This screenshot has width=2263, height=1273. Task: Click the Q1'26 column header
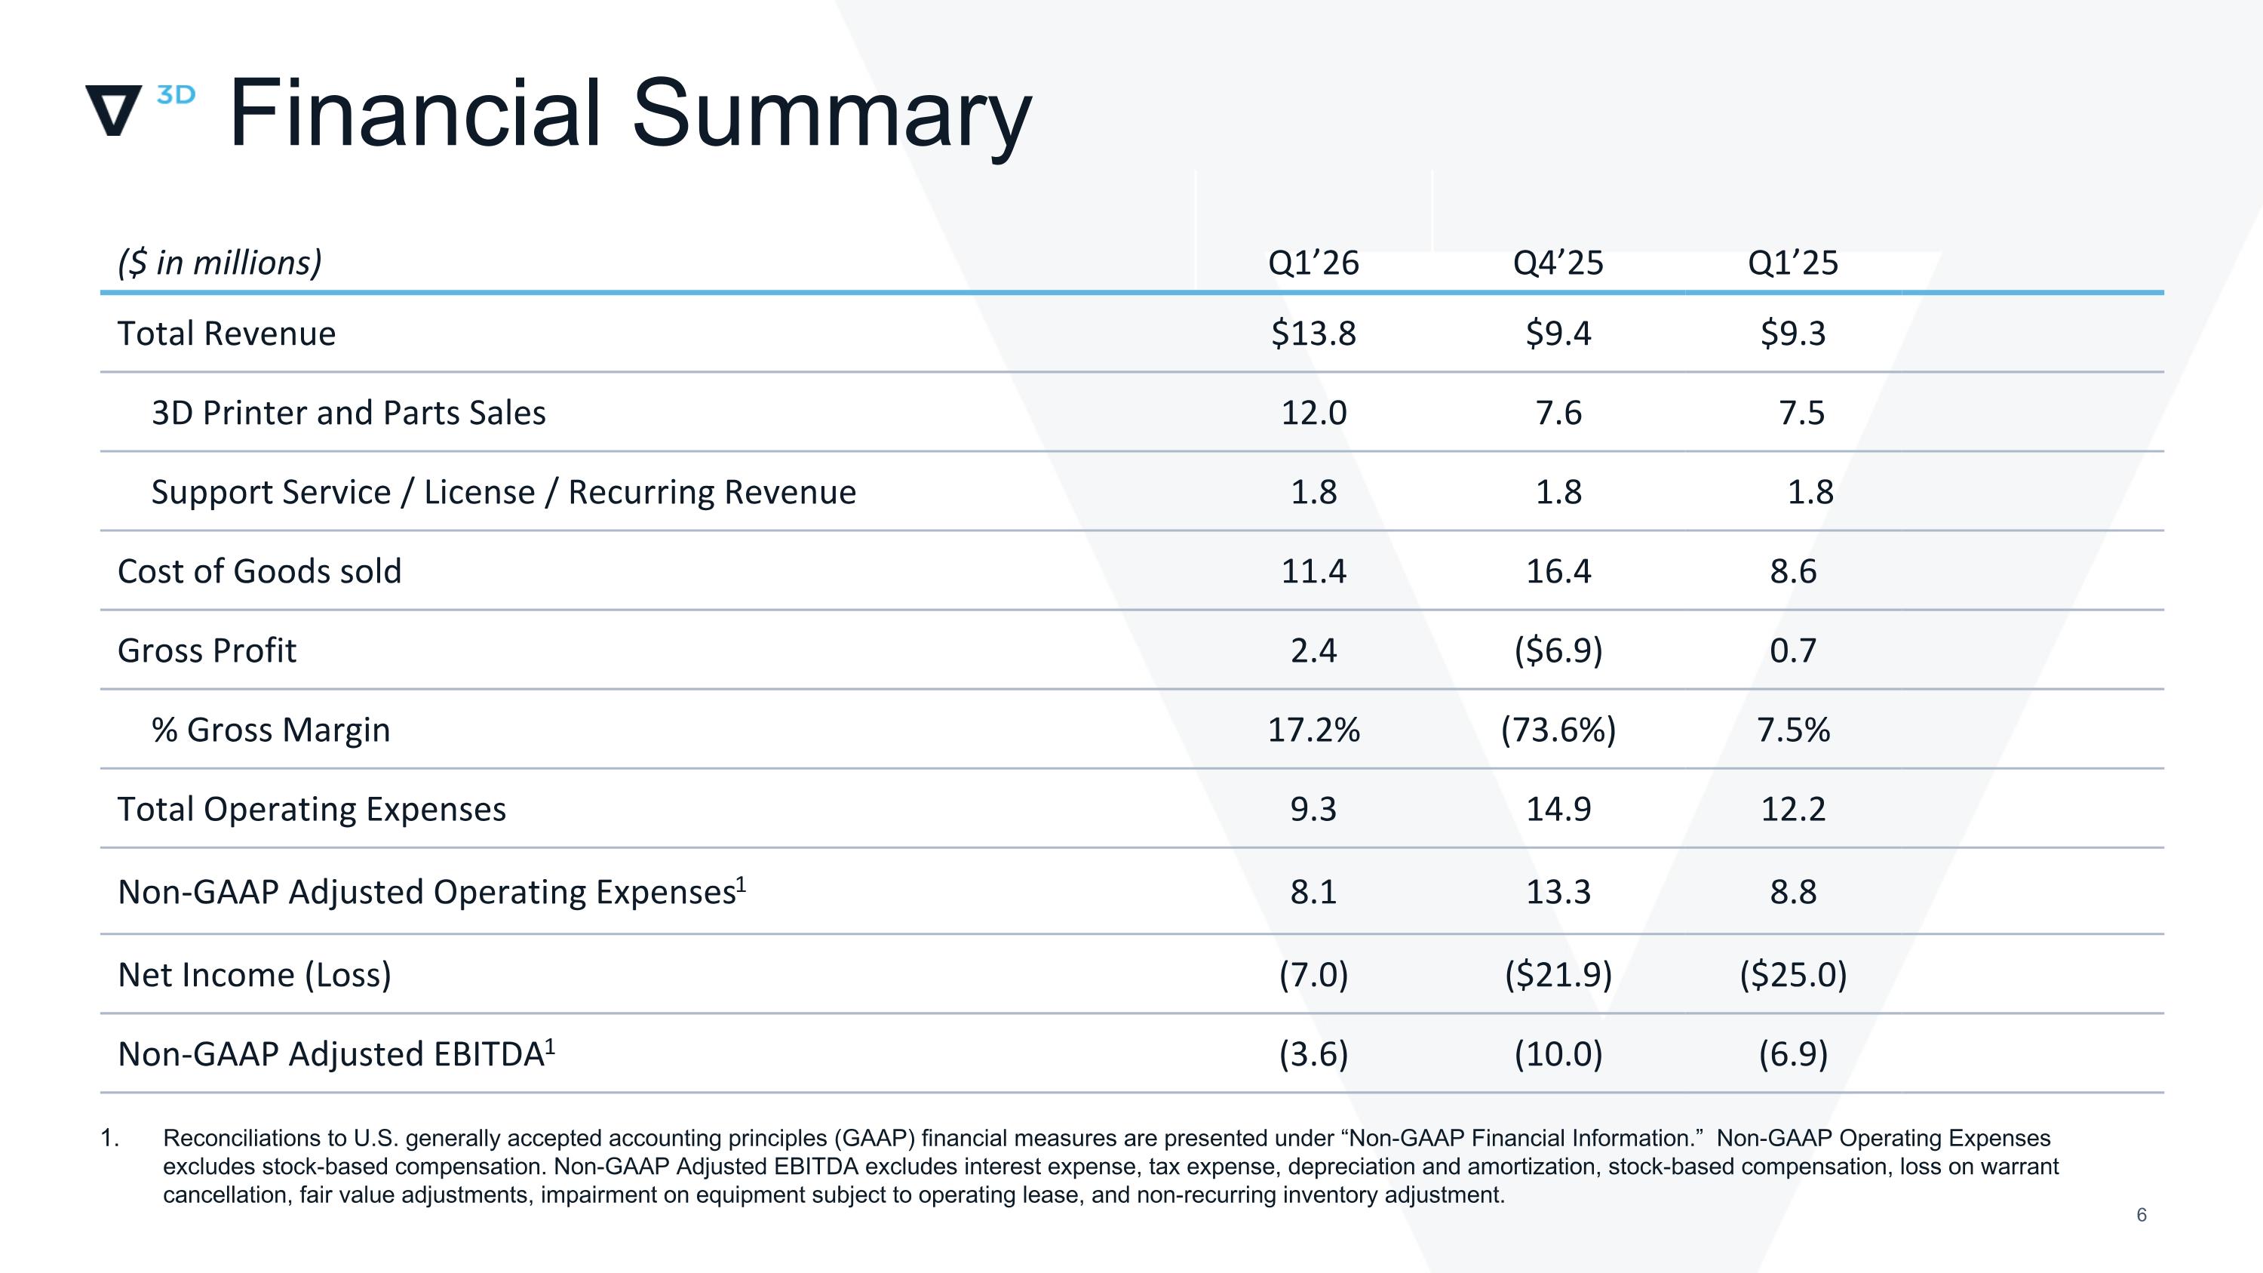[1313, 263]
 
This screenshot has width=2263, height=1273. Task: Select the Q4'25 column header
[1558, 263]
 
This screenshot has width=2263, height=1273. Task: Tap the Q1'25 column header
[1793, 263]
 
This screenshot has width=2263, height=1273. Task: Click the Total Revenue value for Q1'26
[1313, 334]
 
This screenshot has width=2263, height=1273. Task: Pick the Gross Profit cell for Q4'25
[1558, 651]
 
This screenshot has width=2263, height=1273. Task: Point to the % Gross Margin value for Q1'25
[1794, 730]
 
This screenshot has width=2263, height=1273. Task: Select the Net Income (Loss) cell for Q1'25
[1794, 975]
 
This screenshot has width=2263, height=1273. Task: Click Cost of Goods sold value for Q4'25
[1558, 572]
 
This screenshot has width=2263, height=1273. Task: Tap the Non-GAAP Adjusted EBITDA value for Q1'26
[1313, 1054]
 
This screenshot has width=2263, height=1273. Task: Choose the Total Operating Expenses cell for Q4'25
[1558, 809]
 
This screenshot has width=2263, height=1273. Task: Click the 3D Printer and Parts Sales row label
[349, 413]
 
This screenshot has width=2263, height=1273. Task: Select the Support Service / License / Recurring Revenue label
[503, 492]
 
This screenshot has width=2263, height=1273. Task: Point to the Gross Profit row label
[207, 651]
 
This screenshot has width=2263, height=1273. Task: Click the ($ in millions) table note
[220, 263]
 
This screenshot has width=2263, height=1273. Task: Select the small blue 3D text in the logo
[176, 95]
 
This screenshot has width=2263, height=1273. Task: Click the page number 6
[2141, 1215]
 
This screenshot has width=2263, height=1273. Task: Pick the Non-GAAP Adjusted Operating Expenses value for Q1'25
[1793, 893]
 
